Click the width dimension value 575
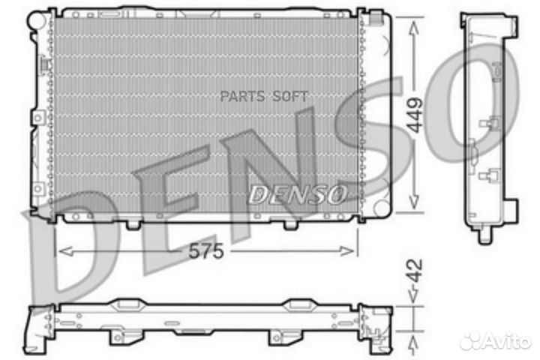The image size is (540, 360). coord(206,250)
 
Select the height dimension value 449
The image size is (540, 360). coord(414,115)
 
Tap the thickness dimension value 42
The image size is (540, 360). coord(414,271)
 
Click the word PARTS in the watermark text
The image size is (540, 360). coord(242,97)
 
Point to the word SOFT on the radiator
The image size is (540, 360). coord(290,97)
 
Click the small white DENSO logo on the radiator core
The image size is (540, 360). coord(297,195)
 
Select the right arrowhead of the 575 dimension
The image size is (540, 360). coord(346,251)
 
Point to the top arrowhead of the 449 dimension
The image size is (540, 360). coord(413,28)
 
